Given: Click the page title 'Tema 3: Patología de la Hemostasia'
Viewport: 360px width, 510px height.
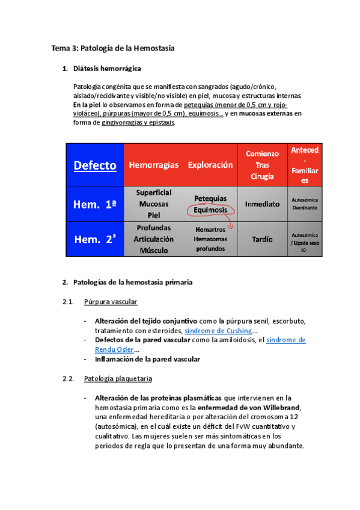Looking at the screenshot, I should [112, 48].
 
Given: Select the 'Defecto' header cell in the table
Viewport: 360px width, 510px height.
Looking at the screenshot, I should [94, 165].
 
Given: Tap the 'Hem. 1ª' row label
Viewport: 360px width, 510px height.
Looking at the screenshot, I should [94, 204].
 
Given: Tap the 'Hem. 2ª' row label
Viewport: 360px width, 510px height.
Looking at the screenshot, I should [94, 239].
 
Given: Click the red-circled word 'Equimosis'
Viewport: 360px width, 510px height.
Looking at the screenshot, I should [210, 210].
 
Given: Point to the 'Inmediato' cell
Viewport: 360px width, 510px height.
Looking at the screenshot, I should [262, 204].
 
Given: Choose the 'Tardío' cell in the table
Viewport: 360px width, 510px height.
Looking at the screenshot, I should [262, 239].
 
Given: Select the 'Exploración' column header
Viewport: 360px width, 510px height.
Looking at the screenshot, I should [210, 165].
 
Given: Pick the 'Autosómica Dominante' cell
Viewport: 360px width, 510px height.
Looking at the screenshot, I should [308, 203].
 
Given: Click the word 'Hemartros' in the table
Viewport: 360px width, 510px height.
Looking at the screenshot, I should [210, 229].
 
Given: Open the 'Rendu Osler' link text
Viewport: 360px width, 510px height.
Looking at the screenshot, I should [115, 349].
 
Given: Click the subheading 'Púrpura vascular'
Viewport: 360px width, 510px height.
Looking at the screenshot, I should [111, 301].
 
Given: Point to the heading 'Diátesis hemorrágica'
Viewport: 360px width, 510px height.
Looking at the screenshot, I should [107, 69].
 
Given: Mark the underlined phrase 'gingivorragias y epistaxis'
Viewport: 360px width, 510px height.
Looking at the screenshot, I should [138, 123].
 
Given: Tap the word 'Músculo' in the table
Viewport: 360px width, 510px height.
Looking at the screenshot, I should [154, 249].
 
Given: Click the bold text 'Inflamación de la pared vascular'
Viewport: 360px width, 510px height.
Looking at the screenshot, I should [147, 359].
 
